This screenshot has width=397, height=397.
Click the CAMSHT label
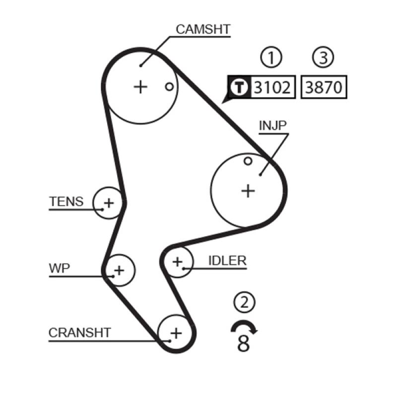202,29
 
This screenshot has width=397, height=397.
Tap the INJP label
272,125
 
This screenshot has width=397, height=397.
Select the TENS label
66,201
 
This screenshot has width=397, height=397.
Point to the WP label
60,268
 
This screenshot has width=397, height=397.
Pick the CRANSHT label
80,332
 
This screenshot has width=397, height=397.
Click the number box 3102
271,88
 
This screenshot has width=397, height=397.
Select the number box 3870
324,88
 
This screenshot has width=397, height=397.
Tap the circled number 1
271,58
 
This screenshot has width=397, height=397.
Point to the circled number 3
324,58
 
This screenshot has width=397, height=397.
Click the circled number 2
243,302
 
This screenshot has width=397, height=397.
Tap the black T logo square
240,88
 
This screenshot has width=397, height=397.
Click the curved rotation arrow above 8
243,326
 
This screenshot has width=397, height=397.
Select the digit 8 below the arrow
243,343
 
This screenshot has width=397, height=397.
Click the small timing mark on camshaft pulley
169,86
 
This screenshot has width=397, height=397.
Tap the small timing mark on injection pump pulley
248,160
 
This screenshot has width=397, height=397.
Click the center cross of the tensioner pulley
109,202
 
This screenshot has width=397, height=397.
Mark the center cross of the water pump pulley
119,270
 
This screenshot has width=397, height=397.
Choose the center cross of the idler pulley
177,261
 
